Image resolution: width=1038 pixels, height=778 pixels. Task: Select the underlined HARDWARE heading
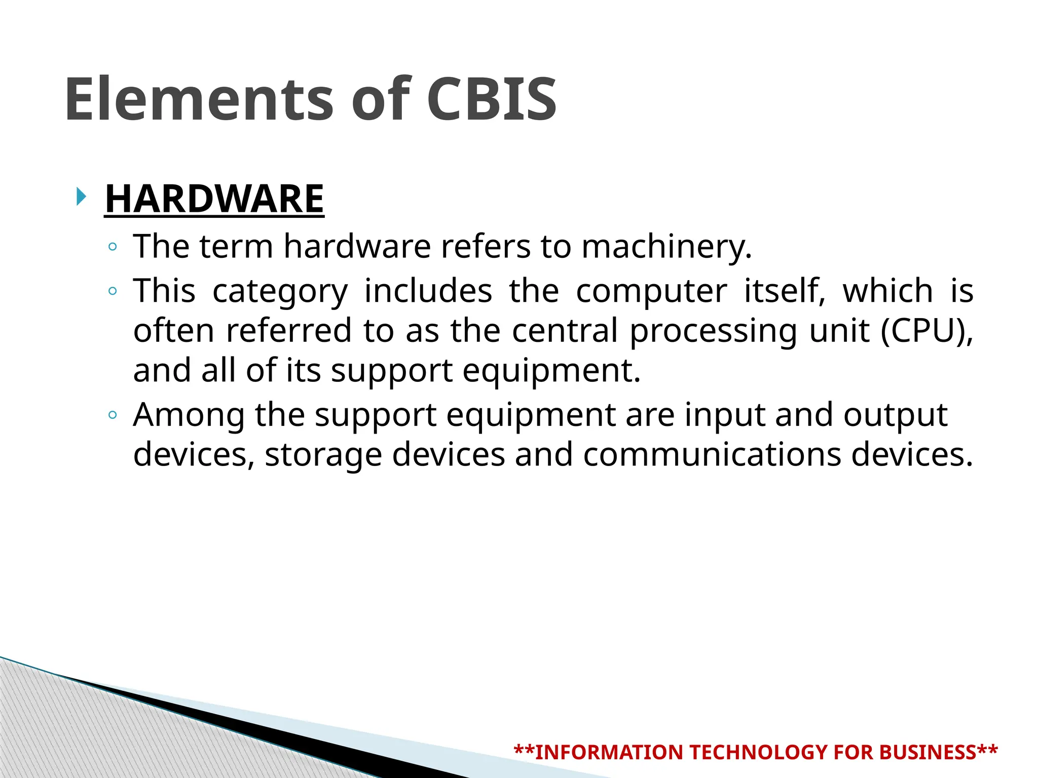214,199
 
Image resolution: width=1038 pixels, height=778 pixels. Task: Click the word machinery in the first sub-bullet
665,247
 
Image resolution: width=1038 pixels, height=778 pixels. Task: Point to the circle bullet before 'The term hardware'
113,247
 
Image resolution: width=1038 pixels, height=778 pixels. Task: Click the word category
280,291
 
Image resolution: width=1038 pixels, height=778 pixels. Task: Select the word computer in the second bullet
651,291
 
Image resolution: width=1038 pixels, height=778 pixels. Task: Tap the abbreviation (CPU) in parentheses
926,331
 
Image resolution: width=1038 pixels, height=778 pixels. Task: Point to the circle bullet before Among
113,415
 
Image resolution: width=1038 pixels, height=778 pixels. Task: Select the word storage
323,455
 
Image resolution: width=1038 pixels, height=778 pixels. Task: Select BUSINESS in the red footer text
928,752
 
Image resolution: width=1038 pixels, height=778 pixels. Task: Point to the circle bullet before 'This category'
113,291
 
